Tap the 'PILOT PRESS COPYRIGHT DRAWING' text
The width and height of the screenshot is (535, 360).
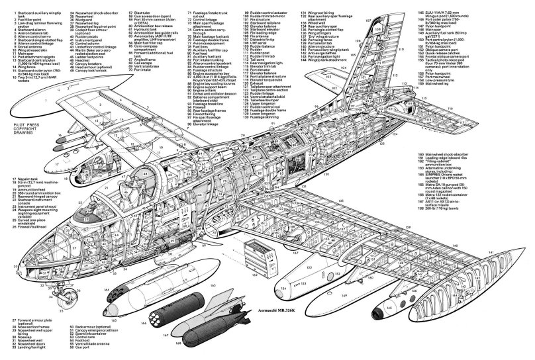20,140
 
